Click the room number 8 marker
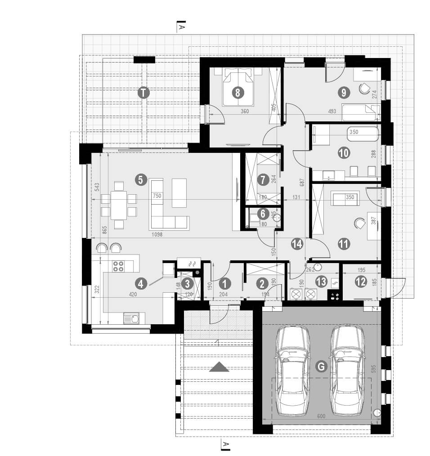238,93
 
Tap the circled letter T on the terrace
143,93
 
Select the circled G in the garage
320,367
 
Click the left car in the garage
293,370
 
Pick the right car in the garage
347,370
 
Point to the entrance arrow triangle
219,367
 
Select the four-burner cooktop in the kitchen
118,266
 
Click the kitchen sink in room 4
133,319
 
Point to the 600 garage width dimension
321,417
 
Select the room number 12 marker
360,282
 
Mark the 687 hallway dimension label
303,183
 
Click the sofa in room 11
344,197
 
